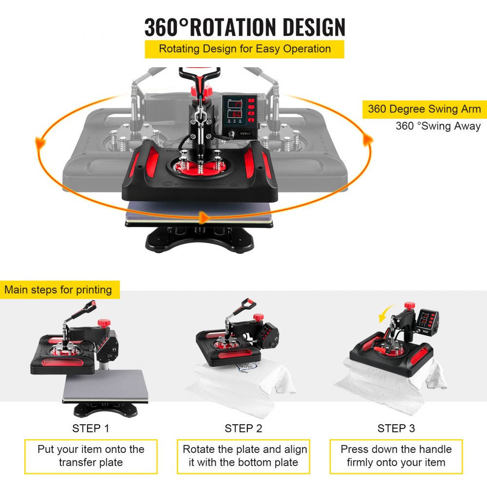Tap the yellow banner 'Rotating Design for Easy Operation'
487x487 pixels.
click(x=244, y=49)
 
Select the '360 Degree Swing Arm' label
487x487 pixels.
click(x=424, y=109)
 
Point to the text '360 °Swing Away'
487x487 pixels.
click(x=438, y=126)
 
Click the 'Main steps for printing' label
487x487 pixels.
click(x=58, y=290)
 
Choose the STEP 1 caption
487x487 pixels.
click(x=91, y=429)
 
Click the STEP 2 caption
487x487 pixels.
click(x=243, y=429)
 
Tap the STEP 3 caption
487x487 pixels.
click(x=396, y=429)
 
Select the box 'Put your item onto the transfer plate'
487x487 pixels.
click(x=91, y=456)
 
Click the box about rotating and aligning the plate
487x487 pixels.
click(x=243, y=456)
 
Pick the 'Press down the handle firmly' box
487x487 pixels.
click(x=396, y=456)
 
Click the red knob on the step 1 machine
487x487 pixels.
click(x=103, y=322)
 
